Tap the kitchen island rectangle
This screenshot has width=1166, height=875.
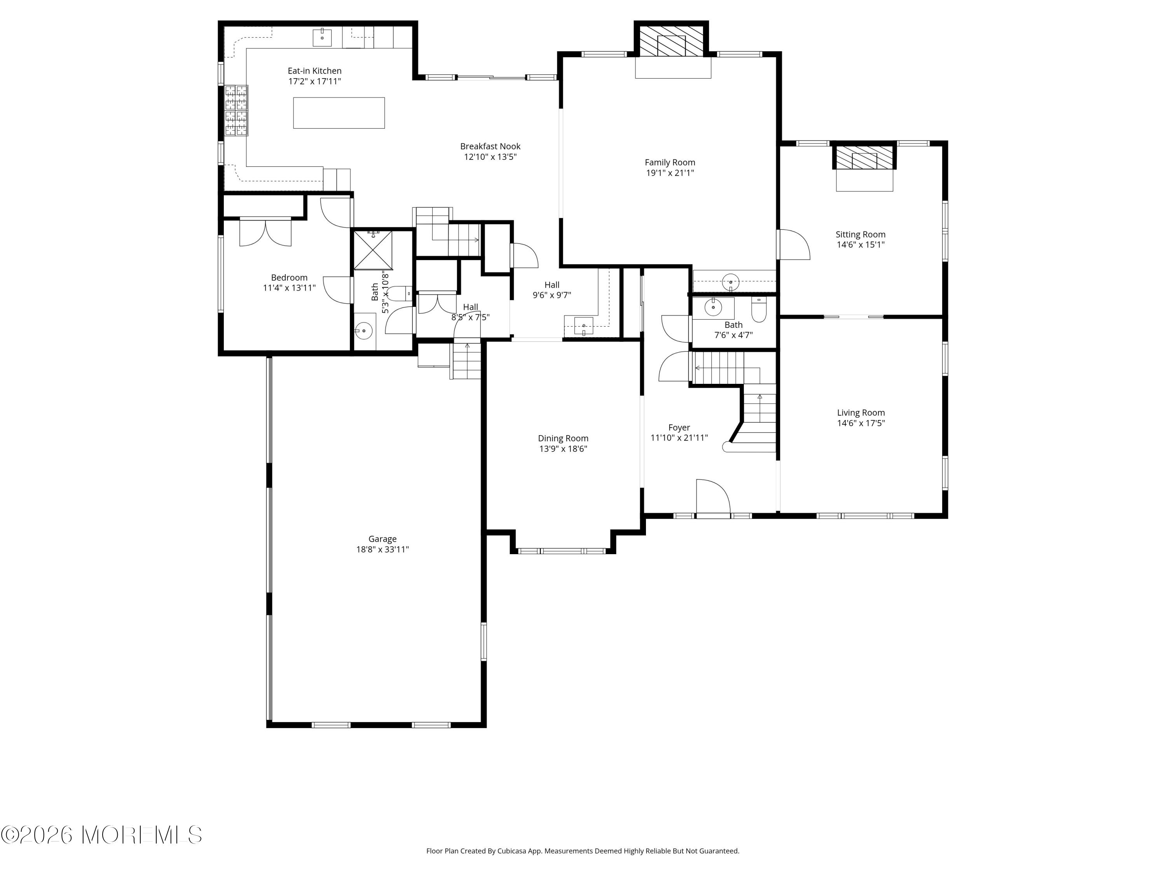339,113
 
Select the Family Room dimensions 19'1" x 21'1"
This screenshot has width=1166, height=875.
670,173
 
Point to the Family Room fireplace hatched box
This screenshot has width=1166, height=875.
671,40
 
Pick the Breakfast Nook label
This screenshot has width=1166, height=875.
490,146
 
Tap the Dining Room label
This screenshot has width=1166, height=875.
563,438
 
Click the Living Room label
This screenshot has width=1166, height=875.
861,413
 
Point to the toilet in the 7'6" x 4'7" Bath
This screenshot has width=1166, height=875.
759,310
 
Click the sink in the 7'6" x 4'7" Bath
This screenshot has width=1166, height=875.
713,307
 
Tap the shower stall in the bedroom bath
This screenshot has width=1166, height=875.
373,250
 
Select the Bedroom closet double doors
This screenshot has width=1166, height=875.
265,232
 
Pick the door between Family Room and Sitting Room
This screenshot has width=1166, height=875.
793,244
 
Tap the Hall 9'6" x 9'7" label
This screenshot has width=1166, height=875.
552,290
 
